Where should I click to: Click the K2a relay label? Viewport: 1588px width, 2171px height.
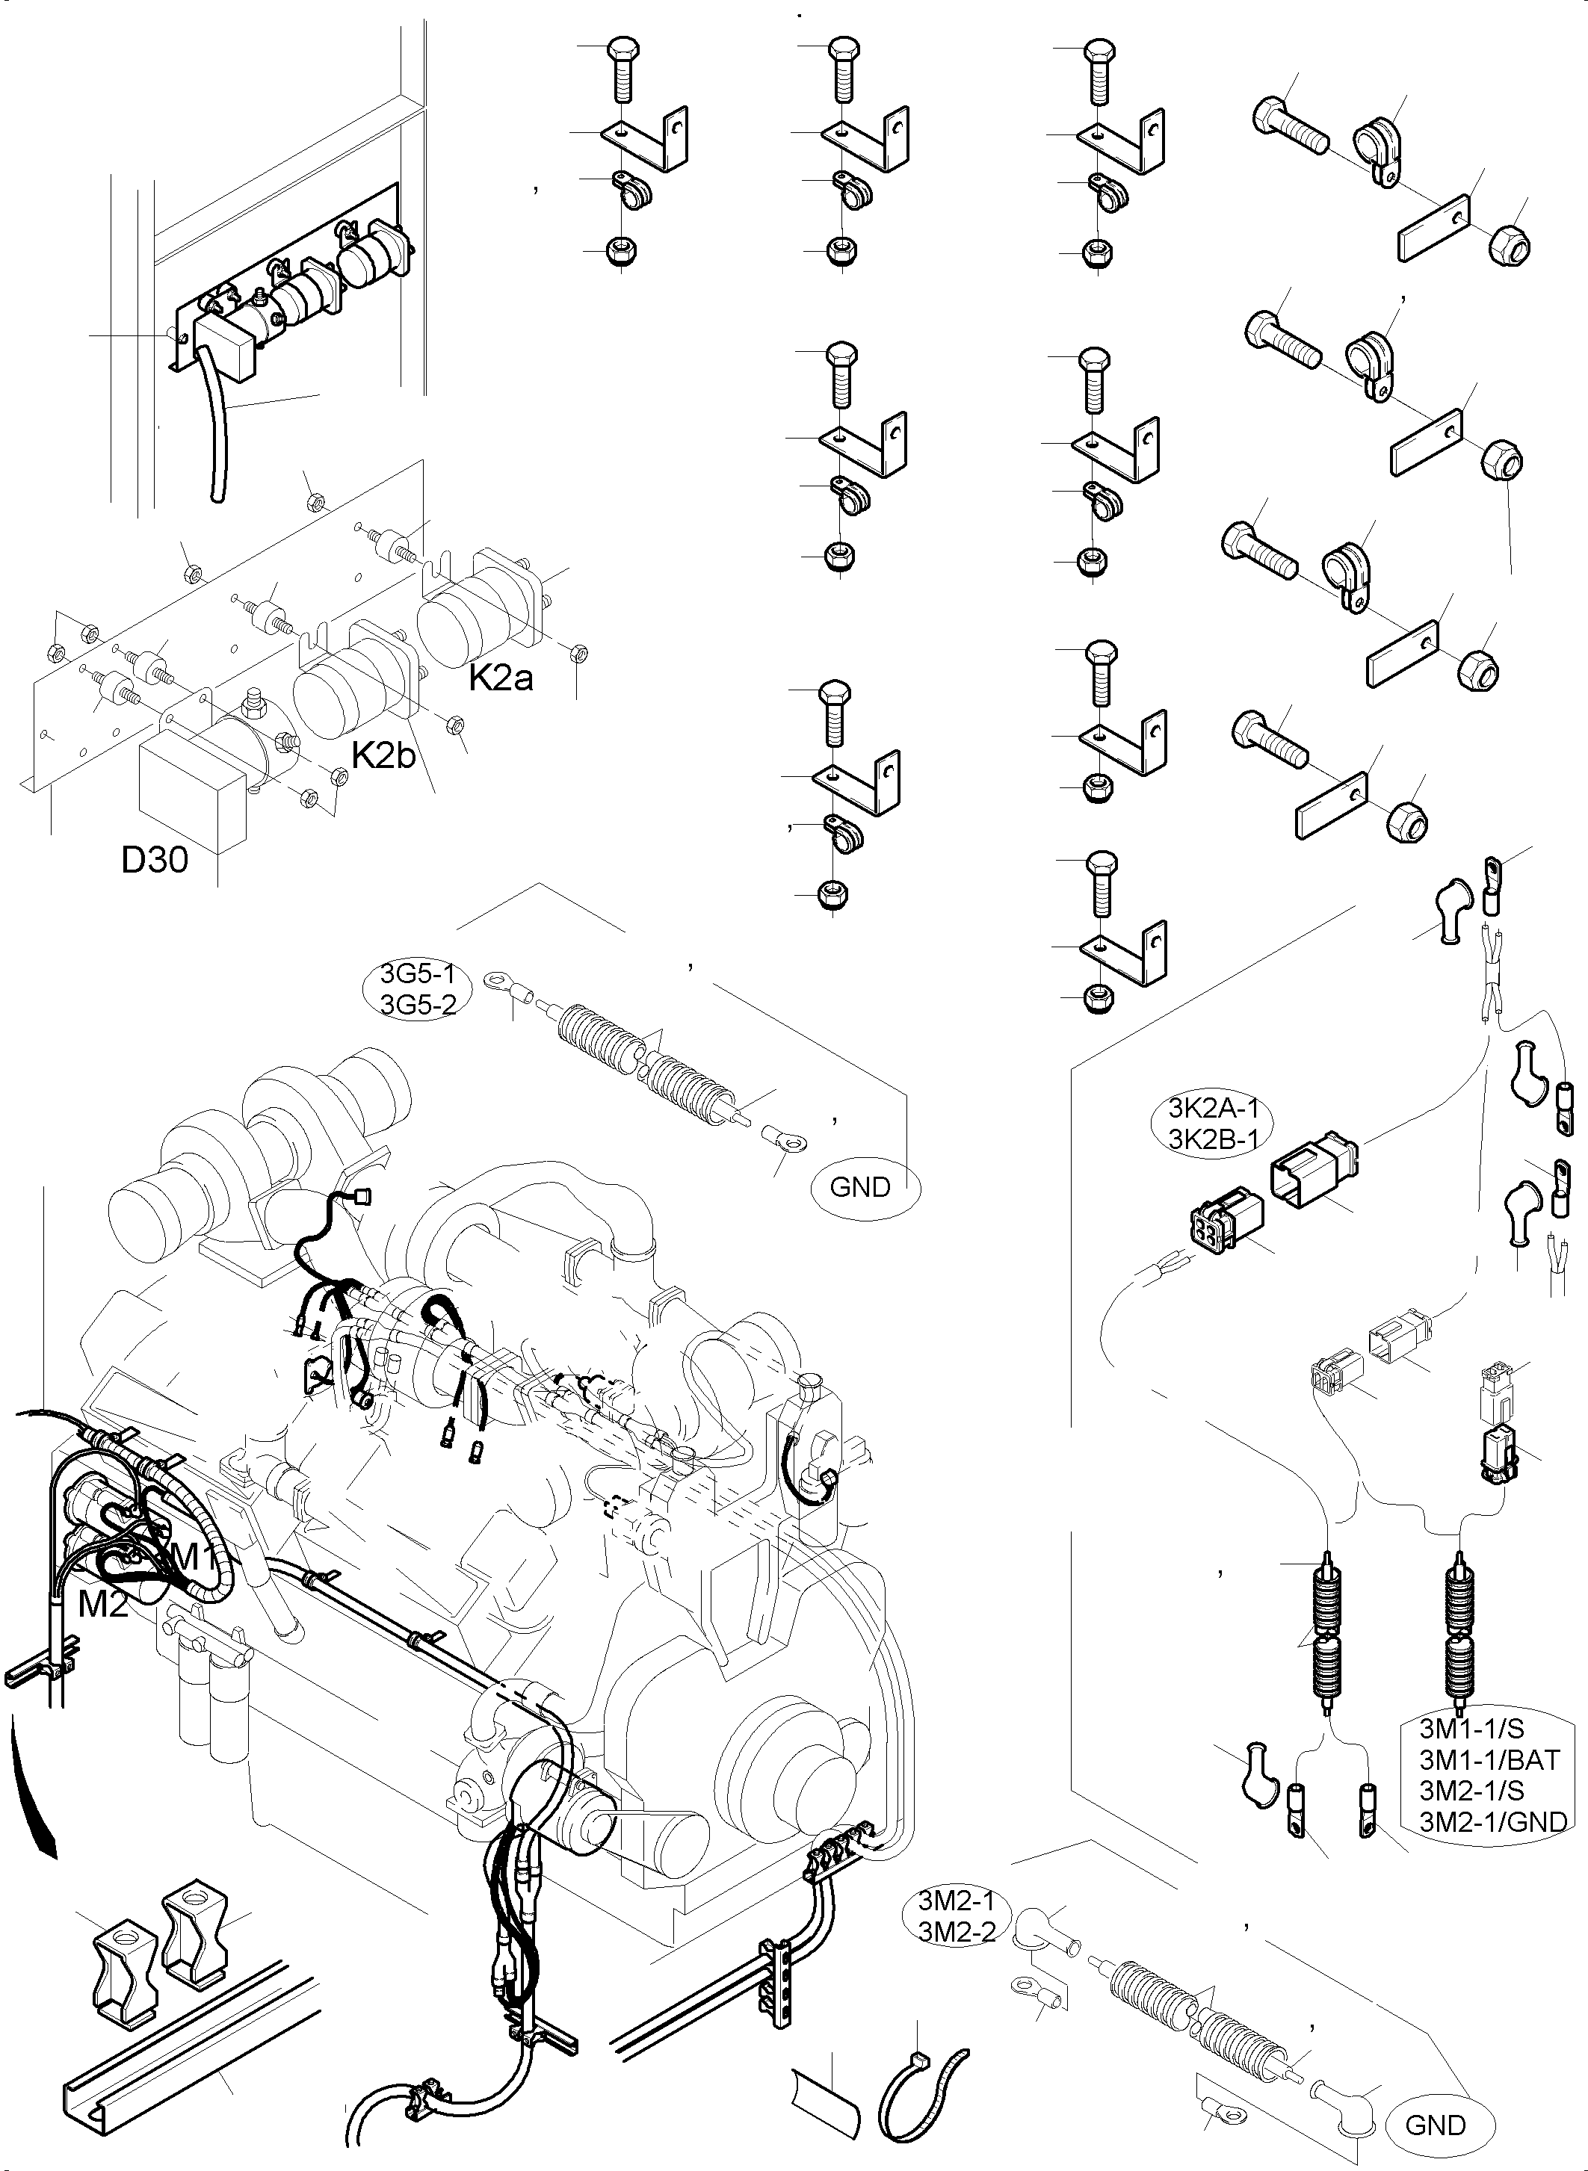500,678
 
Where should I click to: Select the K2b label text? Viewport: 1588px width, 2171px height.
383,755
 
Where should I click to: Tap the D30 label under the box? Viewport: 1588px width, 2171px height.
154,859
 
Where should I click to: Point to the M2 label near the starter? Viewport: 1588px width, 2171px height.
102,1603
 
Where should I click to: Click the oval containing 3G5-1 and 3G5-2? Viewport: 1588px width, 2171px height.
418,989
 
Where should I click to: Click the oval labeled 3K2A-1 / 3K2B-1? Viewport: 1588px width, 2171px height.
1212,1124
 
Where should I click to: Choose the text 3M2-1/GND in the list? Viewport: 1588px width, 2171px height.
1493,1821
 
